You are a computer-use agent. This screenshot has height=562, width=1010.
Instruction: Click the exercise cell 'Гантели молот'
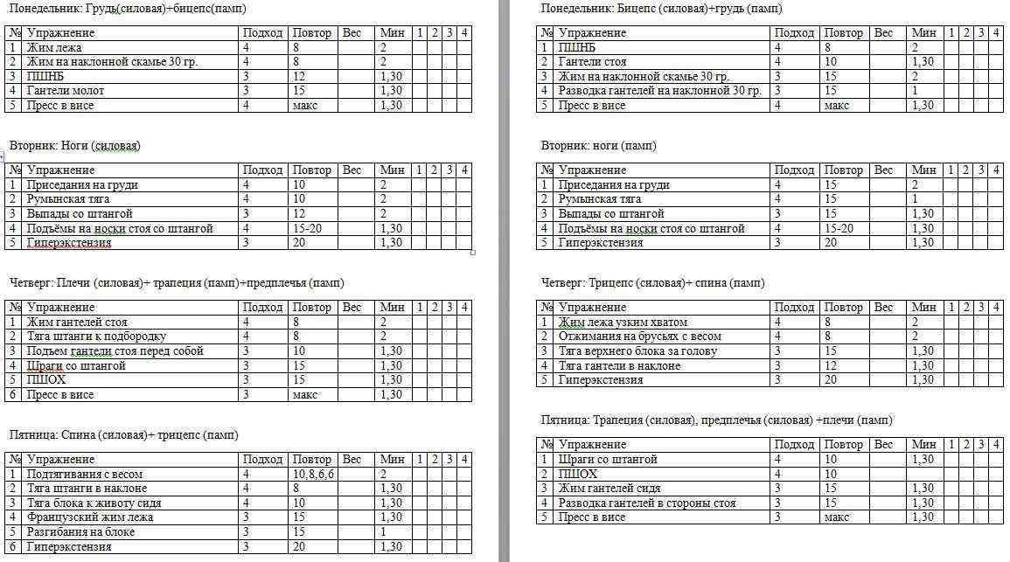click(66, 91)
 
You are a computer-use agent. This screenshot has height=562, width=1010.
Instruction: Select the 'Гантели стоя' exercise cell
click(593, 62)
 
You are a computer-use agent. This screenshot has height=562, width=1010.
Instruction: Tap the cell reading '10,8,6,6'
click(313, 475)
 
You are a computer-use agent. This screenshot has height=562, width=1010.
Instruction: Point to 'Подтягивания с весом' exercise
click(85, 475)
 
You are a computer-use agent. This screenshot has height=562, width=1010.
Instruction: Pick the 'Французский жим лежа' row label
click(90, 517)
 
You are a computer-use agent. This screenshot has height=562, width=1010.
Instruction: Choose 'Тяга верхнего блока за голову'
click(638, 351)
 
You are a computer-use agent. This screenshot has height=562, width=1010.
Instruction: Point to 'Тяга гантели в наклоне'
click(619, 366)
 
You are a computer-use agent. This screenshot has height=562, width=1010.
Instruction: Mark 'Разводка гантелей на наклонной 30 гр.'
click(660, 91)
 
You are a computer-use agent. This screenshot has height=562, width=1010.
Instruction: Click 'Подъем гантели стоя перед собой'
click(115, 351)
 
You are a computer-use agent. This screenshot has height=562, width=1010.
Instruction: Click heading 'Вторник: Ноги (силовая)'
click(75, 146)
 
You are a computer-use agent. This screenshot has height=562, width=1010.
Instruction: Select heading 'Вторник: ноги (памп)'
click(599, 146)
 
